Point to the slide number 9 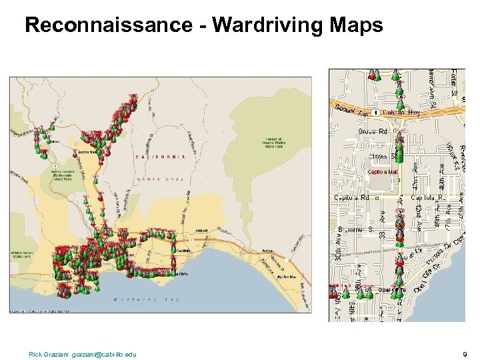coord(465,354)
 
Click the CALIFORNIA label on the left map coord(161,157)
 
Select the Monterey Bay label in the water coord(155,300)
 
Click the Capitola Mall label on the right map coord(383,172)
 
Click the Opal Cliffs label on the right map coord(391,290)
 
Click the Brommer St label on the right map coord(355,229)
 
